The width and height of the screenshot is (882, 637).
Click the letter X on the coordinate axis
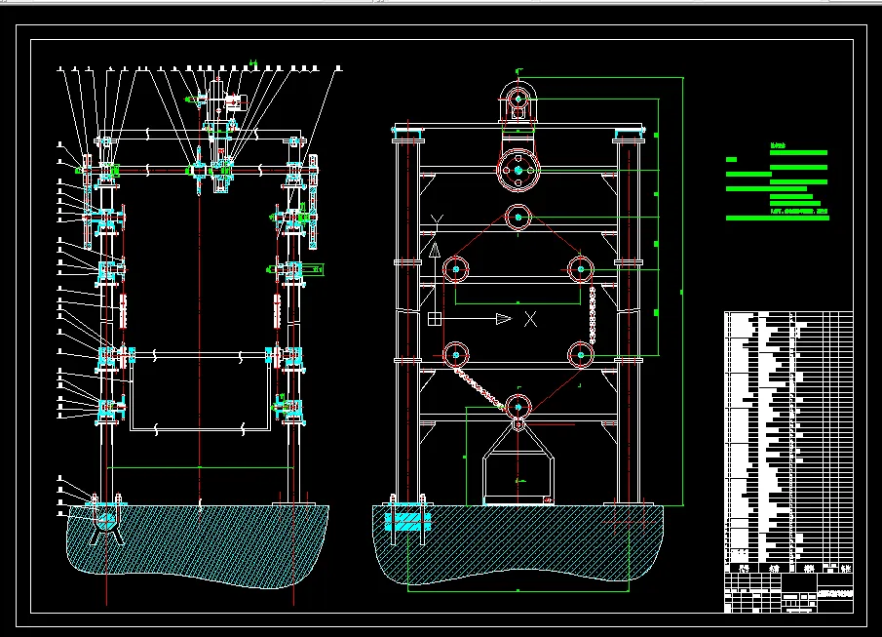[x=530, y=318]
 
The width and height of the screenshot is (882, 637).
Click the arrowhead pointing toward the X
[x=502, y=318]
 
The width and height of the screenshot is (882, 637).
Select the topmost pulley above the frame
[x=519, y=99]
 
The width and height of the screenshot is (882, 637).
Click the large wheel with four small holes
[x=518, y=171]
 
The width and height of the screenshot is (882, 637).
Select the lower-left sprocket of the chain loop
[x=455, y=355]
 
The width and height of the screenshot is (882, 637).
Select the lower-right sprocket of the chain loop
[x=581, y=355]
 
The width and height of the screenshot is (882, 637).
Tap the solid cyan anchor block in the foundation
[x=407, y=520]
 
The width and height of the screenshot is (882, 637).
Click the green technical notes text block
[x=778, y=185]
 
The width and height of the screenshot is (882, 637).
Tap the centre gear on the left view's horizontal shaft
[x=199, y=170]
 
